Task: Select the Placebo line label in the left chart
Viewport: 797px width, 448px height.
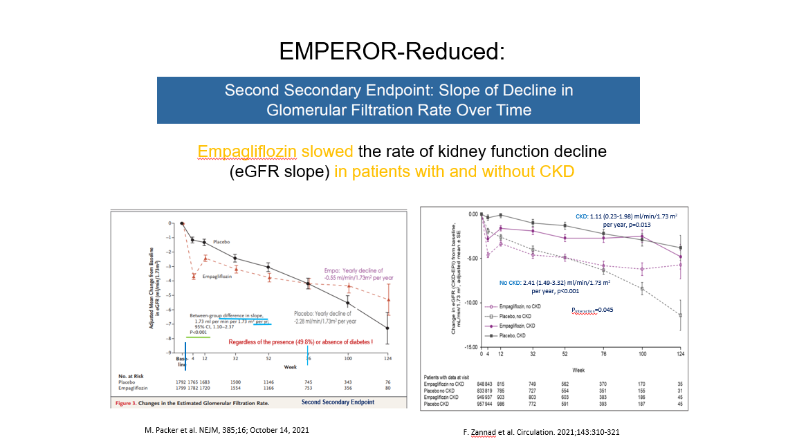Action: (x=221, y=241)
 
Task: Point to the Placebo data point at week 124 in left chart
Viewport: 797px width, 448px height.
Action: (x=387, y=328)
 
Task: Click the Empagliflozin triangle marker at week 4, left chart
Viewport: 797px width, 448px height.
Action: (x=193, y=276)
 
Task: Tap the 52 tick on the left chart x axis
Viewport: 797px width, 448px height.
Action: (x=269, y=358)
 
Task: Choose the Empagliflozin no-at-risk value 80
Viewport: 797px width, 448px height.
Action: (x=387, y=387)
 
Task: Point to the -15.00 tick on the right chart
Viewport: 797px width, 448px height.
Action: (x=470, y=347)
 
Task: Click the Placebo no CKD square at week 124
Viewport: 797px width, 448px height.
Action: (x=681, y=315)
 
